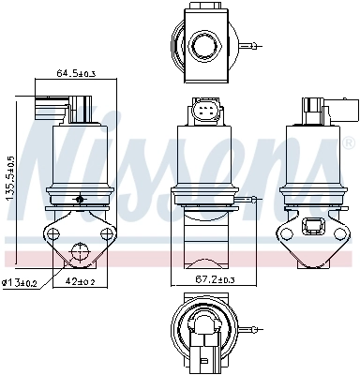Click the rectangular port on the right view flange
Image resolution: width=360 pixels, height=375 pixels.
point(311,225)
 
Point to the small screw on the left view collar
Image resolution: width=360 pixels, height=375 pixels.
point(82,199)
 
